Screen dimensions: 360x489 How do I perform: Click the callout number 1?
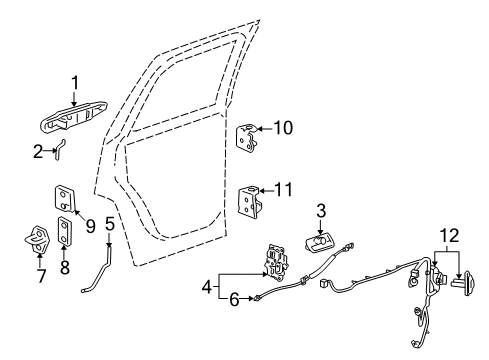(73, 84)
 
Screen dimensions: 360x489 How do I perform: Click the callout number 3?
(321, 211)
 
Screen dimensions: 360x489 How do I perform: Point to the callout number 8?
(64, 267)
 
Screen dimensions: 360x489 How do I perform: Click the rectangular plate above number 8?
(65, 232)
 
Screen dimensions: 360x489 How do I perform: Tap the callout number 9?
(89, 226)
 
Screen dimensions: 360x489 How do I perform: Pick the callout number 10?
(283, 128)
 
